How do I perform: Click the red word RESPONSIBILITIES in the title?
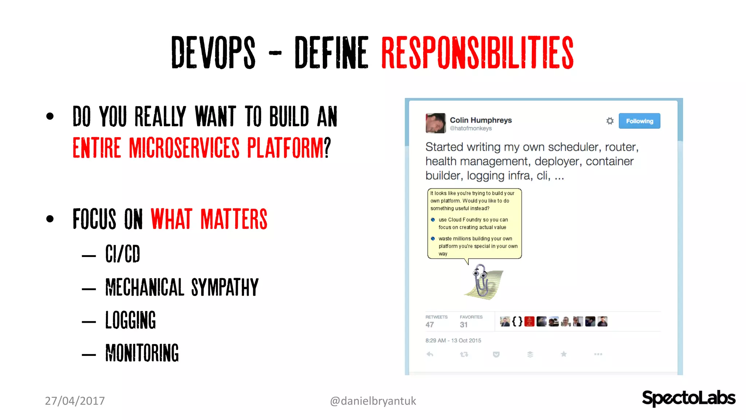(477, 53)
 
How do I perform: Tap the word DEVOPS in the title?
(213, 53)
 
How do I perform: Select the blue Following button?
(639, 121)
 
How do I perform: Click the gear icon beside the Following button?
(610, 121)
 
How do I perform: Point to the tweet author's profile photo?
(435, 123)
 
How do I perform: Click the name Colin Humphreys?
(480, 120)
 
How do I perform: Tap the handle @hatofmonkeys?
(471, 128)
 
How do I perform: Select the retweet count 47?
(430, 324)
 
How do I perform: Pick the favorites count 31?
(463, 324)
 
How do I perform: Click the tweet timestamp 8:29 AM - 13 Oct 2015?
(453, 341)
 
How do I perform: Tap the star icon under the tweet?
(564, 354)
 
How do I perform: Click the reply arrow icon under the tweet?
(430, 354)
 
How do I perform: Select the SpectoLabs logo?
(688, 398)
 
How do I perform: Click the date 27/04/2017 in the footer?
(75, 401)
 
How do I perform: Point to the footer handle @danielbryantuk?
(373, 401)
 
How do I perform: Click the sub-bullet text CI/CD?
(123, 254)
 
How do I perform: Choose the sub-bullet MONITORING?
(142, 353)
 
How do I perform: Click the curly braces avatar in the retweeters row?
(517, 322)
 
